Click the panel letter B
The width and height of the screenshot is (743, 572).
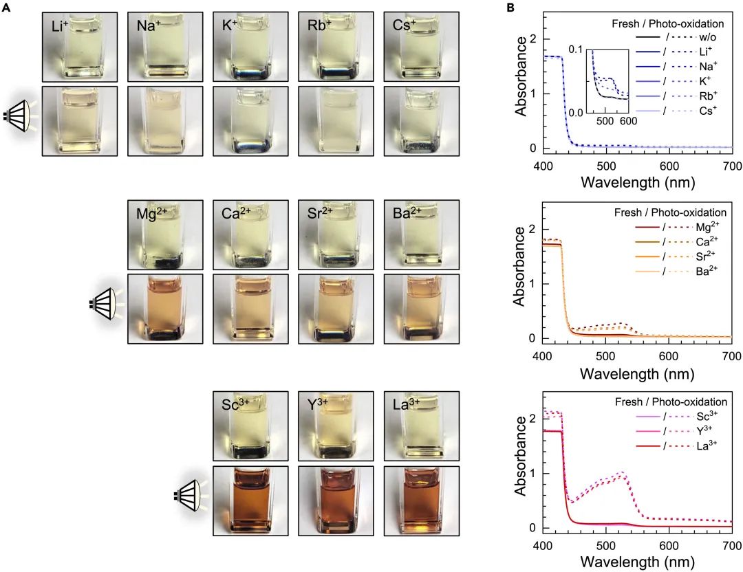510,8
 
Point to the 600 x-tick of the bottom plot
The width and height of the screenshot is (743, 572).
668,547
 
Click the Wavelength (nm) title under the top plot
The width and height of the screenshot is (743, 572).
637,183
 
